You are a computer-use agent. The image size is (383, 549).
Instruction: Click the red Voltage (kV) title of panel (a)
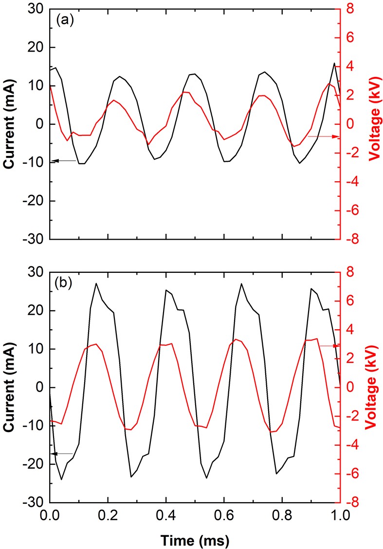(374, 125)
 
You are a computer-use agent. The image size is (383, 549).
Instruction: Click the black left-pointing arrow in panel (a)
(63, 160)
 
